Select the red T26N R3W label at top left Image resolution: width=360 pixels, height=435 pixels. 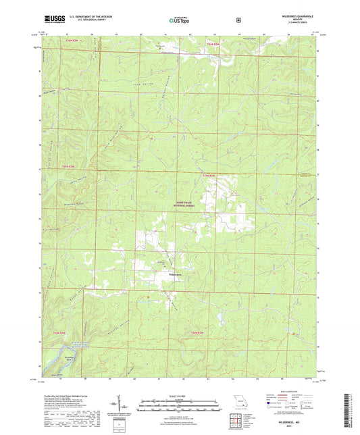tap(72, 41)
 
